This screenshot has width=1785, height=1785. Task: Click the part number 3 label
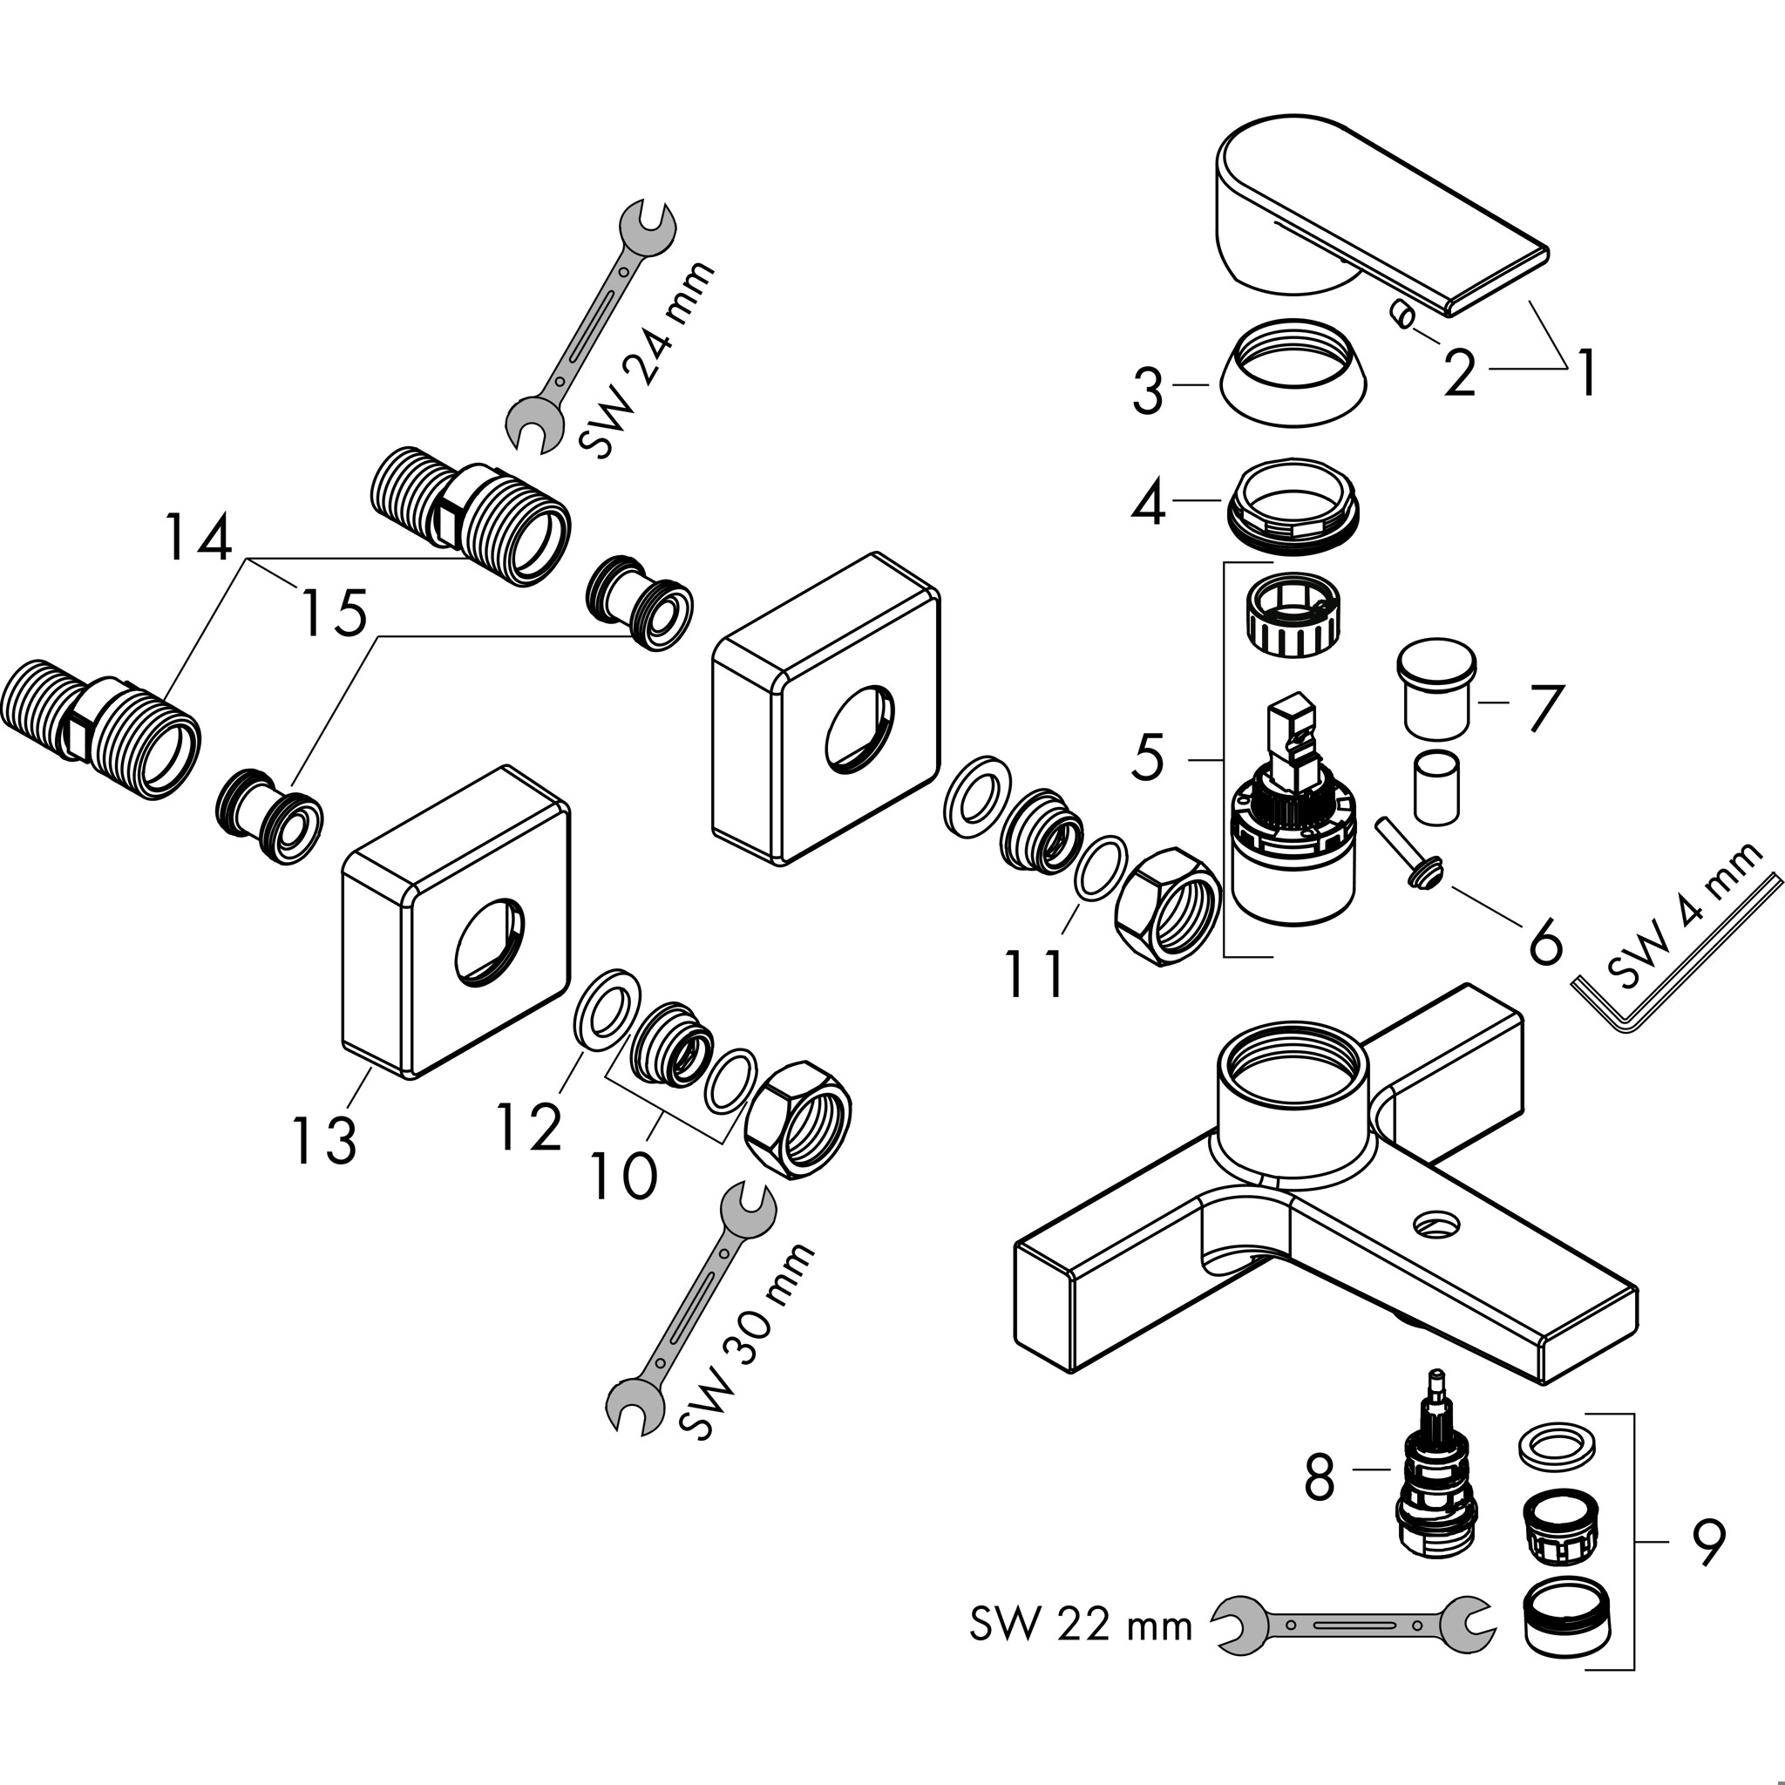tap(1148, 390)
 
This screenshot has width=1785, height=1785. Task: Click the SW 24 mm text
tap(648, 359)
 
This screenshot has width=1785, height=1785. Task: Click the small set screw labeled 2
tap(1402, 318)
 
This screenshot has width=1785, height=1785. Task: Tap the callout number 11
tap(1035, 974)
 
